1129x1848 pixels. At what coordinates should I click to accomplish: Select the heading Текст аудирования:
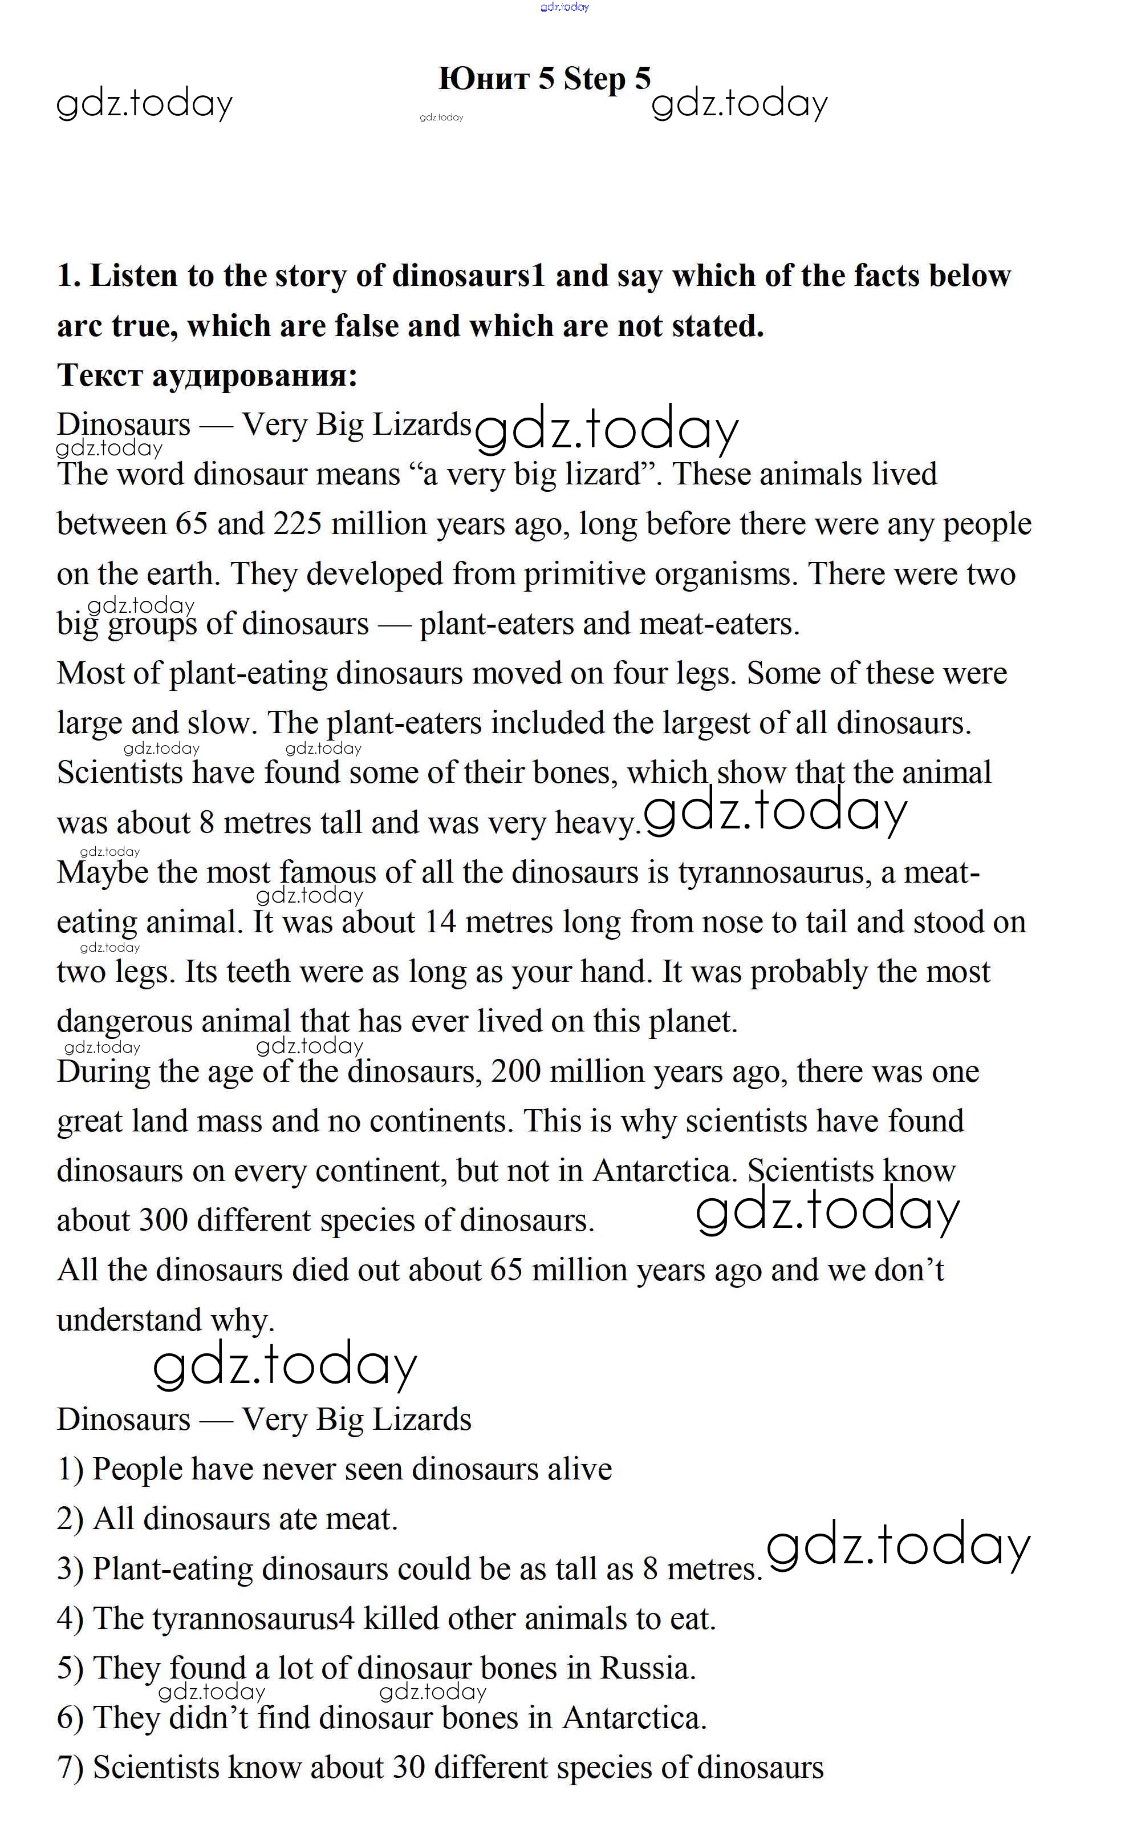click(x=207, y=375)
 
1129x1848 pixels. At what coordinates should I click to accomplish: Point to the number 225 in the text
click(x=298, y=524)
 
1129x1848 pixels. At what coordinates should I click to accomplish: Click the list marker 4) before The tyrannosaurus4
click(x=71, y=1619)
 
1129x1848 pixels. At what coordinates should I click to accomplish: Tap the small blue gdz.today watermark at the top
click(x=564, y=7)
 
